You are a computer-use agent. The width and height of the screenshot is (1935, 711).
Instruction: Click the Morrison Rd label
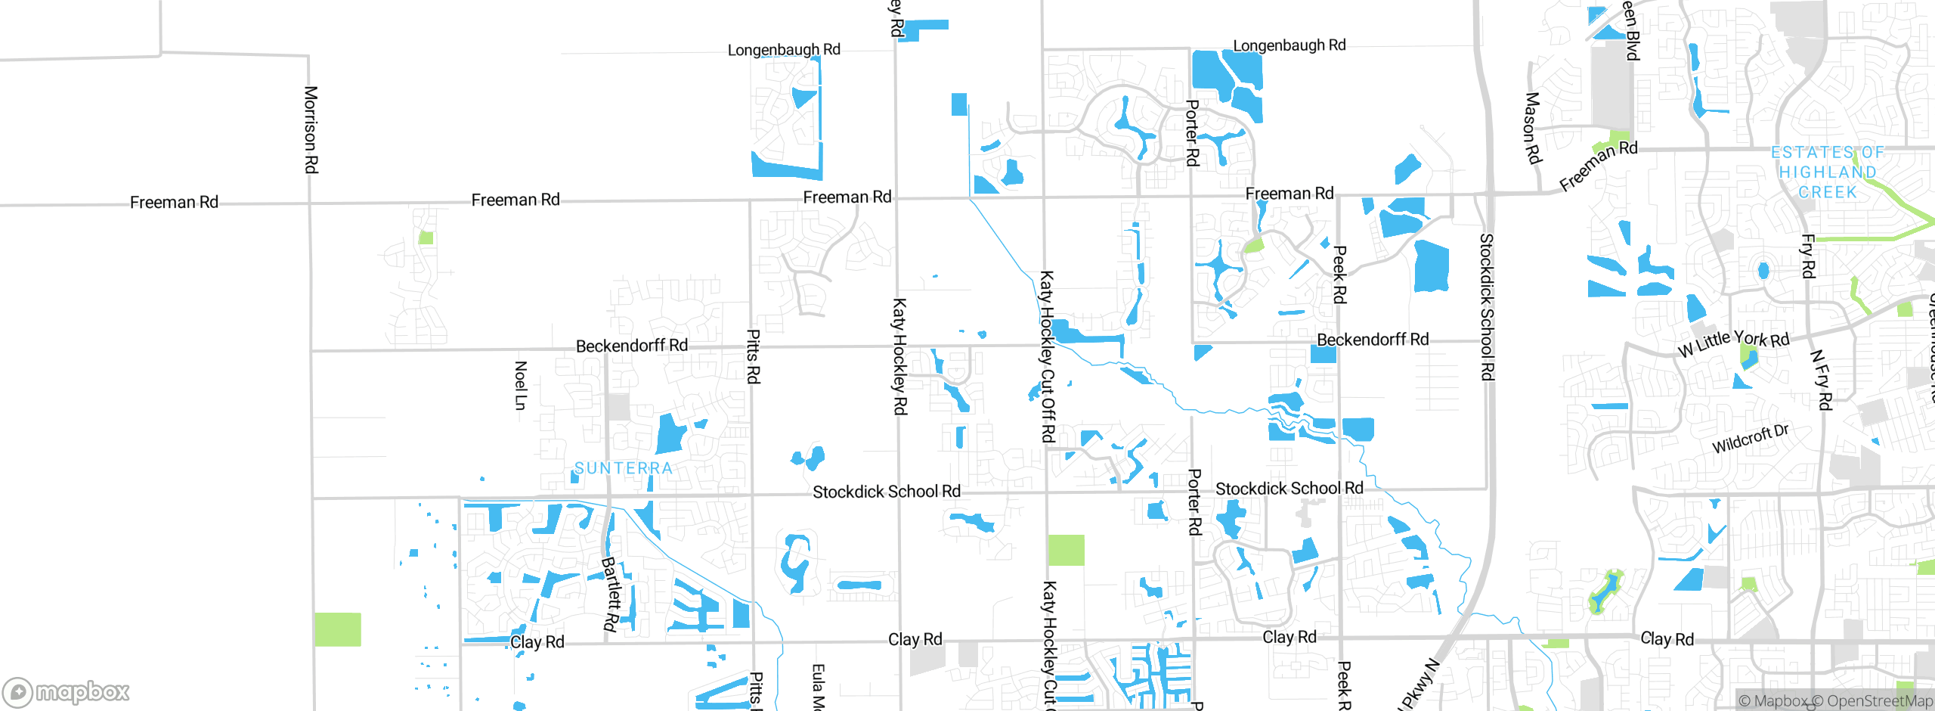pyautogui.click(x=311, y=129)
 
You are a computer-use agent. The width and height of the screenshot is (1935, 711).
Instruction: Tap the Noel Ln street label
pyautogui.click(x=520, y=386)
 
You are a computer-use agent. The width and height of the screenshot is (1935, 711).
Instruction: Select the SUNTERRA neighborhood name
pyautogui.click(x=624, y=468)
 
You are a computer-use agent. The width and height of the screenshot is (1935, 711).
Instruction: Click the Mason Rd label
pyautogui.click(x=1532, y=128)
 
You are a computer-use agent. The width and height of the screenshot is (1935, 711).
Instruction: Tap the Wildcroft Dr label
pyautogui.click(x=1750, y=439)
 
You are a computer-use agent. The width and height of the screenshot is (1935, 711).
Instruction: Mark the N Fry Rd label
pyautogui.click(x=1822, y=380)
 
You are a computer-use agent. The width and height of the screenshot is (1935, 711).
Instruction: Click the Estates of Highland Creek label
pyautogui.click(x=1827, y=172)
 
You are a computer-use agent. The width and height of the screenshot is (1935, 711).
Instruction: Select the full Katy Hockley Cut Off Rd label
pyautogui.click(x=1047, y=356)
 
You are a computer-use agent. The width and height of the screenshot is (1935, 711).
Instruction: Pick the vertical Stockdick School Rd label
pyautogui.click(x=1487, y=306)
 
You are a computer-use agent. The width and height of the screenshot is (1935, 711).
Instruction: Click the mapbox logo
pyautogui.click(x=67, y=691)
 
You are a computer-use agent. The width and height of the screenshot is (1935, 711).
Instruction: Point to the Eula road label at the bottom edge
pyautogui.click(x=818, y=686)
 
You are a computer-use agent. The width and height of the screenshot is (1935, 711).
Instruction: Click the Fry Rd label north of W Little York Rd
pyautogui.click(x=1807, y=256)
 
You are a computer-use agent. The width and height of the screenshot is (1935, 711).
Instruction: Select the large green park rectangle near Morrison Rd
pyautogui.click(x=337, y=629)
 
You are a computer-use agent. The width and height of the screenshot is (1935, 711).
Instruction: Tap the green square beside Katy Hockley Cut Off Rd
pyautogui.click(x=1066, y=550)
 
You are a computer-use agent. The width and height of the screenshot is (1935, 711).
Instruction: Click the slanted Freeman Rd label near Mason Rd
pyautogui.click(x=1598, y=165)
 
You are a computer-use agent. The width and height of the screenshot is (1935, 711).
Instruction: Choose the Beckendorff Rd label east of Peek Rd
pyautogui.click(x=1373, y=340)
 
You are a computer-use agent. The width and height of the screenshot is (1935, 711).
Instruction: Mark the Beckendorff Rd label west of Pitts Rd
pyautogui.click(x=632, y=346)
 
